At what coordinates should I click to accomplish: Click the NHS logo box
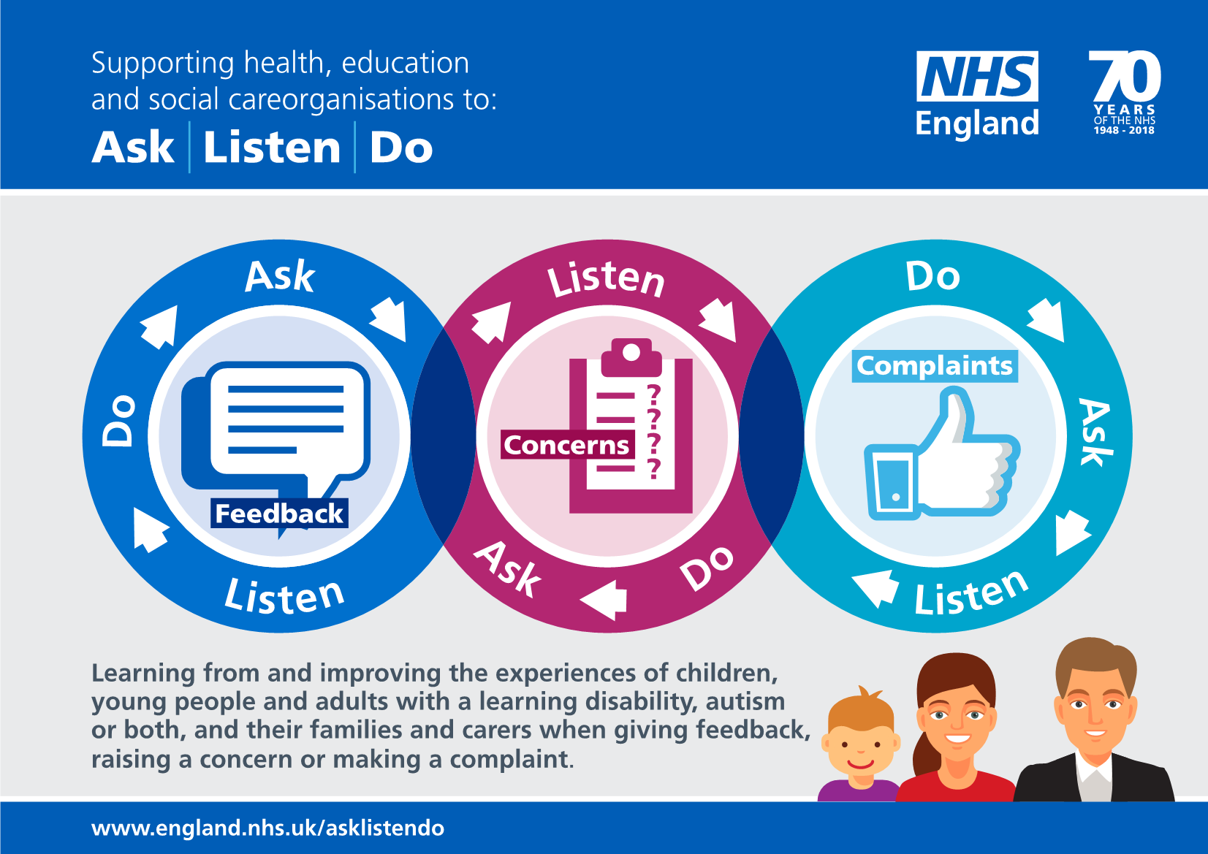977,76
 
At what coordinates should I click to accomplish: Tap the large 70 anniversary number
1125,76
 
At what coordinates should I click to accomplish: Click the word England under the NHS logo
977,123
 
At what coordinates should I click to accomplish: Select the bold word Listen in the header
272,148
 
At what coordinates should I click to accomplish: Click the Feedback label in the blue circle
279,514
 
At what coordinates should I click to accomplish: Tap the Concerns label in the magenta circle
566,445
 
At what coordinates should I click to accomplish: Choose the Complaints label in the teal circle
935,365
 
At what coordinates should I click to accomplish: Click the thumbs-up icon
943,460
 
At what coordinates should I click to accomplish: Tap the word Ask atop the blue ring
280,277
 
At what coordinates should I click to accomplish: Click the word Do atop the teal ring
932,276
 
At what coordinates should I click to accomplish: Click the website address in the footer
267,828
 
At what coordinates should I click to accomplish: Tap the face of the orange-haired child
860,745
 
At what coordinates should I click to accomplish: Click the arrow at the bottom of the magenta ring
605,599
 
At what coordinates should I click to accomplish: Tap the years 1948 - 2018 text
1124,131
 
